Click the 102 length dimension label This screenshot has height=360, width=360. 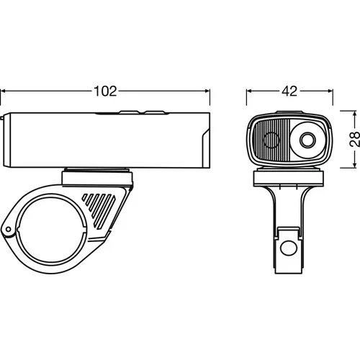(x=105, y=91)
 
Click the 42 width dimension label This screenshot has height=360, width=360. (x=289, y=91)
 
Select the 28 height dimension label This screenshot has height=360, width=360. (x=355, y=139)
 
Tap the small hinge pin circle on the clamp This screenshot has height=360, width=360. (x=8, y=229)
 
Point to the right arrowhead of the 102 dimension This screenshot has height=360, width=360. (x=207, y=91)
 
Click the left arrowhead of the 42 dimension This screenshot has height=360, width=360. (x=249, y=91)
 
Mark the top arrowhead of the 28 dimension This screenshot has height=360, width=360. (x=355, y=114)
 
